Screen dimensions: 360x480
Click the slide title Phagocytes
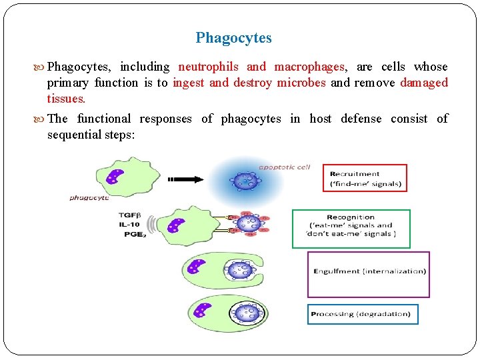[233, 38]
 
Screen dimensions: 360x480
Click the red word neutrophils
[209, 67]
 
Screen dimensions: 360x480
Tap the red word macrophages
[309, 67]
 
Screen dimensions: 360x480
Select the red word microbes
[301, 83]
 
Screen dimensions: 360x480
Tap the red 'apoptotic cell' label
[284, 167]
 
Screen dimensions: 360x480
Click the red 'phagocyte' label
[89, 198]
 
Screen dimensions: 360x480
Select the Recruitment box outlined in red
[365, 178]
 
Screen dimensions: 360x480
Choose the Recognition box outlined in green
[351, 229]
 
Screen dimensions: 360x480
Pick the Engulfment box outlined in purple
[368, 274]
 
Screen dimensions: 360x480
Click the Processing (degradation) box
[362, 314]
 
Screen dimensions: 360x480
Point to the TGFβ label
[129, 215]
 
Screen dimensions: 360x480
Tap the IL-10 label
[129, 225]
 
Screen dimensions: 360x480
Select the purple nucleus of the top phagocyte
[115, 177]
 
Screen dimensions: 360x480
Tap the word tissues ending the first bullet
[65, 99]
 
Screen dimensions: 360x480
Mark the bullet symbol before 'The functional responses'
[40, 119]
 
